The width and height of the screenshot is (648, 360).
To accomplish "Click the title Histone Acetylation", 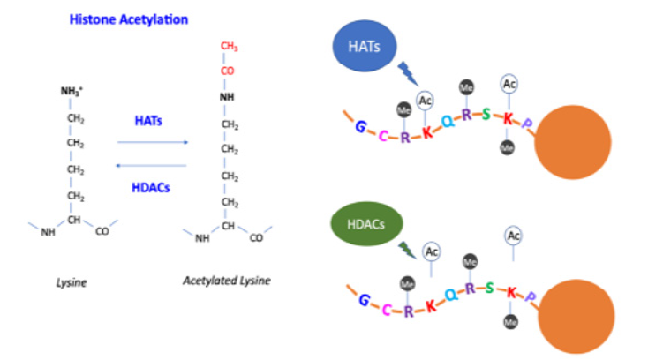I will (x=129, y=18).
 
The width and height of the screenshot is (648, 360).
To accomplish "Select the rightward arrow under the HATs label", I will (x=153, y=141).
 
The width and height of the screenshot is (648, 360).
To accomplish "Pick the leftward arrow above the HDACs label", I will (x=153, y=164).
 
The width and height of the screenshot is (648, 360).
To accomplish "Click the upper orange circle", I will (x=572, y=142).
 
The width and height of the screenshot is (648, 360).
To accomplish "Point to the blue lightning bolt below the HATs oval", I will (x=408, y=71).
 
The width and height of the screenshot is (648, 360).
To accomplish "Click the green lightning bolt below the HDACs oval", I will (x=406, y=250).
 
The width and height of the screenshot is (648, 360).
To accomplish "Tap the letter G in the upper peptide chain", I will (x=360, y=126).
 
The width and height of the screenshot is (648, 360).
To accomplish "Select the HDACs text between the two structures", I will (x=153, y=188).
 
